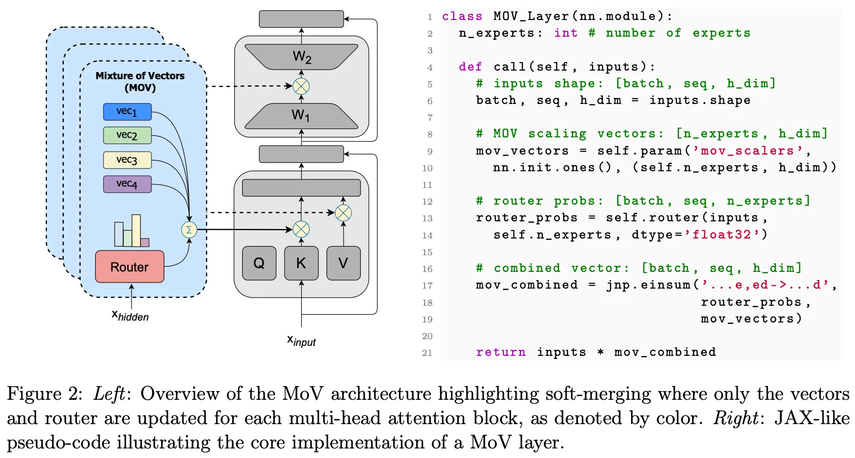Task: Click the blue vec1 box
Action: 127,112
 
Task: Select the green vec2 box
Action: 127,135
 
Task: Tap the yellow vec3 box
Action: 127,160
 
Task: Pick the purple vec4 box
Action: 127,184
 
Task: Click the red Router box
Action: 130,267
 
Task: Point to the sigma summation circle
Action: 189,230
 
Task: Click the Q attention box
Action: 259,263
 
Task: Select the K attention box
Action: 301,263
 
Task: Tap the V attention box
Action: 343,263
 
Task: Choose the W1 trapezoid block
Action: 301,115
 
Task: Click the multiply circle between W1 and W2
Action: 301,86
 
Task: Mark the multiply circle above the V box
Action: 343,213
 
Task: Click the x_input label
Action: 301,341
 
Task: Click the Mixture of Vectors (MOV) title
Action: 140,82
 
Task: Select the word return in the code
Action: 500,352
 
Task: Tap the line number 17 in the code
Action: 427,286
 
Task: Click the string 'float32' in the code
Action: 722,234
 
